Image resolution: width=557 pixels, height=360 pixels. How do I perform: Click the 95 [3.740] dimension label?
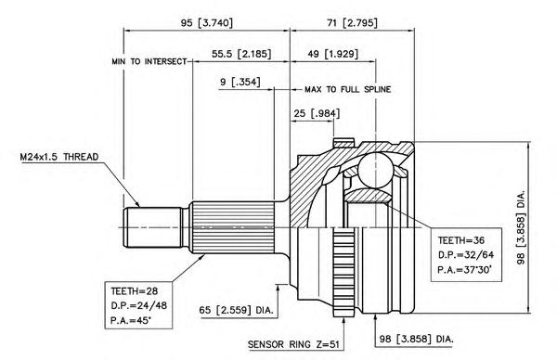click(x=207, y=23)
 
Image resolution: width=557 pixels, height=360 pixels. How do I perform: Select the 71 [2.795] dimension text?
click(x=352, y=23)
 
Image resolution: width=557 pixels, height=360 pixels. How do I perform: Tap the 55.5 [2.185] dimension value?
click(x=241, y=54)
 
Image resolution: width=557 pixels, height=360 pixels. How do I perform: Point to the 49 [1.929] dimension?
click(x=332, y=54)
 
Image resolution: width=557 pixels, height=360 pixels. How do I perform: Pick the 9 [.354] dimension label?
click(x=240, y=82)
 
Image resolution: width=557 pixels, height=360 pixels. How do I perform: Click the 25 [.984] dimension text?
click(x=317, y=113)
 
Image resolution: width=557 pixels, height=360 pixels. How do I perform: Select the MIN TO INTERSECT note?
click(x=149, y=62)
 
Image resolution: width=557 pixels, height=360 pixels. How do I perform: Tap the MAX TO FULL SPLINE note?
click(x=348, y=89)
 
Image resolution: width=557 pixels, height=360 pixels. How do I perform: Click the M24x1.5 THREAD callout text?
click(x=59, y=157)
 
